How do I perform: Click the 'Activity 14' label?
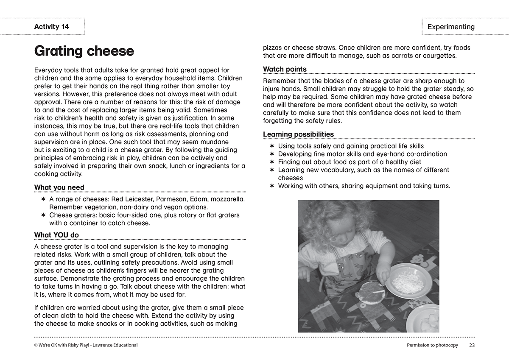coord(51,27)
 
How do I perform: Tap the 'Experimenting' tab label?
coord(451,27)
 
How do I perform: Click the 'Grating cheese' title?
coord(84,51)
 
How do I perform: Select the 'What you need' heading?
coord(59,187)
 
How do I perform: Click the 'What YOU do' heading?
coord(56,235)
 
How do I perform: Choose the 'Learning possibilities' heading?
coord(298,134)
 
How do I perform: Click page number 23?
coord(472,345)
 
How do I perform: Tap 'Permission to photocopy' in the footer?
coord(432,345)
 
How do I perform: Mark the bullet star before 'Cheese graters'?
coord(43,215)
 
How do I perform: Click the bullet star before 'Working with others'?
coord(272,186)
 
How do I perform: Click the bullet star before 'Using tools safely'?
coord(272,146)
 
